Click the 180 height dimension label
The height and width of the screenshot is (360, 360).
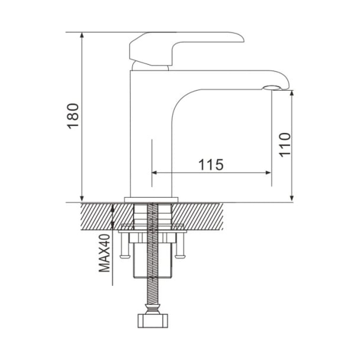73,116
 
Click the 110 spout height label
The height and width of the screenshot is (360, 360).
285,145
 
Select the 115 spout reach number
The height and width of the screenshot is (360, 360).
211,165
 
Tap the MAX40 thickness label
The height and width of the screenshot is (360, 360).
104,253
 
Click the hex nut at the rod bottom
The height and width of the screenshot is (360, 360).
153,320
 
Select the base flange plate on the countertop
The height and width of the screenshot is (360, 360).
151,200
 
